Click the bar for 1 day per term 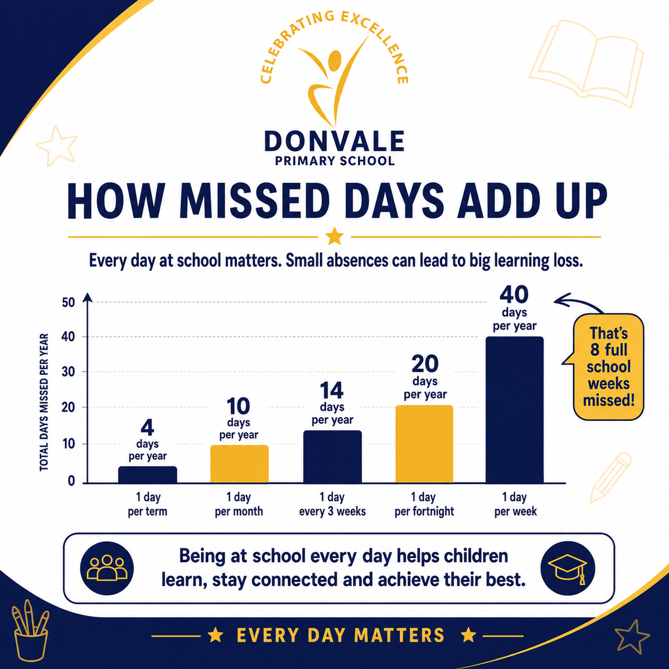click(148, 474)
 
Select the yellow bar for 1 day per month click(239, 464)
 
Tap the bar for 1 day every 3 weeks click(332, 457)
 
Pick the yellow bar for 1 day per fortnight click(424, 444)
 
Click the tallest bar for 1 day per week click(515, 410)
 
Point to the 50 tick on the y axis click(69, 302)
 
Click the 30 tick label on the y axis click(69, 372)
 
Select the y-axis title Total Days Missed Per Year click(44, 402)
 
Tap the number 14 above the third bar click(332, 390)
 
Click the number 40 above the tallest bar click(514, 294)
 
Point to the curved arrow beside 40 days click(576, 300)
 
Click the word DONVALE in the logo click(334, 141)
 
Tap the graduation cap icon click(568, 569)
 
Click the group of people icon click(107, 568)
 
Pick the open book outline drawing click(586, 64)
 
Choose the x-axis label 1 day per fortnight click(424, 504)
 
